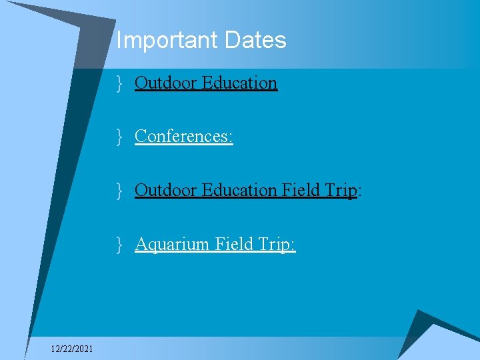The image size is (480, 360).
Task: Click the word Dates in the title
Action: point(255,41)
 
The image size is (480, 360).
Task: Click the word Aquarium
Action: point(172,245)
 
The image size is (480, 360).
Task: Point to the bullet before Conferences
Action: point(119,137)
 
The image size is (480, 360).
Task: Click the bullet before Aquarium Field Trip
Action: point(119,245)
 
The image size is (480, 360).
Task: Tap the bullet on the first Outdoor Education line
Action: point(119,83)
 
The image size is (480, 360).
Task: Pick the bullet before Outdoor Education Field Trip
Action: point(119,191)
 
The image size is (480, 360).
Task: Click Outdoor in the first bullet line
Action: point(161,83)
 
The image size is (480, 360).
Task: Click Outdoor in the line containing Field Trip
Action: point(161,190)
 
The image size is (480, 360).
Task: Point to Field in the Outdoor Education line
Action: point(301,190)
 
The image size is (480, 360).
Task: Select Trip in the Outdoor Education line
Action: point(341,191)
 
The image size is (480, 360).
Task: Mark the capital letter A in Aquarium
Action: point(141,244)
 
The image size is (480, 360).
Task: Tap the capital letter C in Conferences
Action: point(141,136)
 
